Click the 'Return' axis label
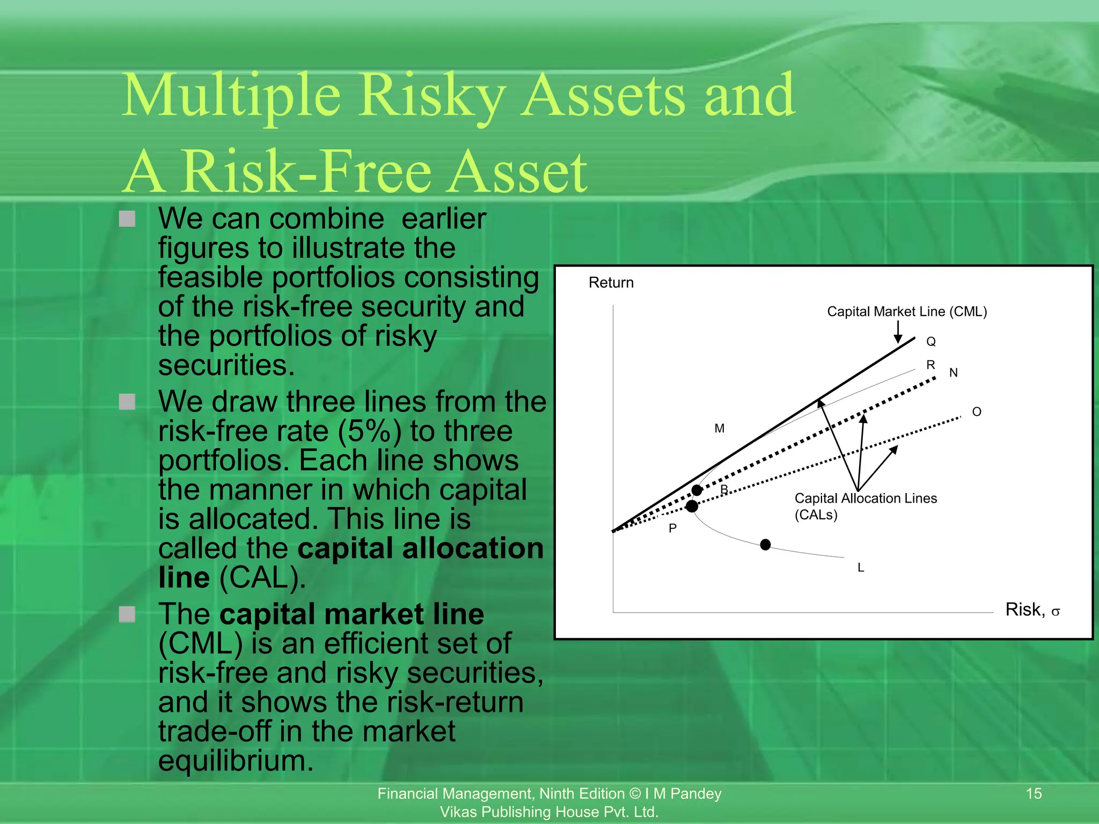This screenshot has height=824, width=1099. pyautogui.click(x=611, y=283)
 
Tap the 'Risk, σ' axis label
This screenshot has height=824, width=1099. pyautogui.click(x=1032, y=610)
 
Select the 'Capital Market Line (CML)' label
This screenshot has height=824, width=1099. pyautogui.click(x=907, y=312)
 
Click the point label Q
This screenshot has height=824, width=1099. pyautogui.click(x=931, y=342)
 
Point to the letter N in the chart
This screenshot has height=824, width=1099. pyautogui.click(x=954, y=373)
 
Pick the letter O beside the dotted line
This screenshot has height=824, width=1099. pyautogui.click(x=977, y=412)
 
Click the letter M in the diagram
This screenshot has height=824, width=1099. pyautogui.click(x=720, y=429)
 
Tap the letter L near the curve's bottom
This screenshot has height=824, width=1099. pyautogui.click(x=861, y=568)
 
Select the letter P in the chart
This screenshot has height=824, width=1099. pyautogui.click(x=672, y=528)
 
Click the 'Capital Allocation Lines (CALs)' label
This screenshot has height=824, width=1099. pyautogui.click(x=865, y=506)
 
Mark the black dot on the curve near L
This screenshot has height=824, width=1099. pyautogui.click(x=766, y=545)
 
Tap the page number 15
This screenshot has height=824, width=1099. pyautogui.click(x=1034, y=793)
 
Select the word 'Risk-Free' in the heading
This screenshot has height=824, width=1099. pyautogui.click(x=306, y=172)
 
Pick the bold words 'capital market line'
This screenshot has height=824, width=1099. pyautogui.click(x=351, y=614)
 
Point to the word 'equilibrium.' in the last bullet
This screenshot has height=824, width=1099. pyautogui.click(x=236, y=761)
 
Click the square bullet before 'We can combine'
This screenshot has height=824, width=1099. pyautogui.click(x=127, y=219)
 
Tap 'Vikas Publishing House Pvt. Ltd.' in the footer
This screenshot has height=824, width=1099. pyautogui.click(x=549, y=812)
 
